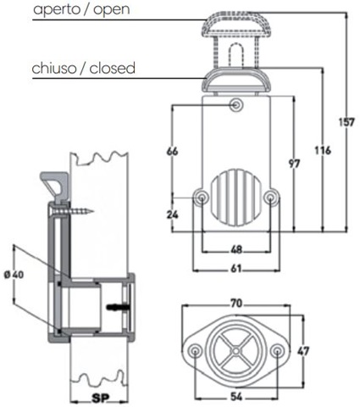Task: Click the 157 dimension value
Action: (346, 122)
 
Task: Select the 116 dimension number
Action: (323, 150)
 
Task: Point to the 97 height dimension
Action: (294, 164)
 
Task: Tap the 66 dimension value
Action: (172, 151)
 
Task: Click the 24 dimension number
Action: (172, 215)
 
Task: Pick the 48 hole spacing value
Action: (236, 249)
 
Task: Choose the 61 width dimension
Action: (236, 268)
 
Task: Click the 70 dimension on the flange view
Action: (236, 304)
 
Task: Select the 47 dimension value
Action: (303, 351)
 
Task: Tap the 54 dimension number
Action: (236, 397)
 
